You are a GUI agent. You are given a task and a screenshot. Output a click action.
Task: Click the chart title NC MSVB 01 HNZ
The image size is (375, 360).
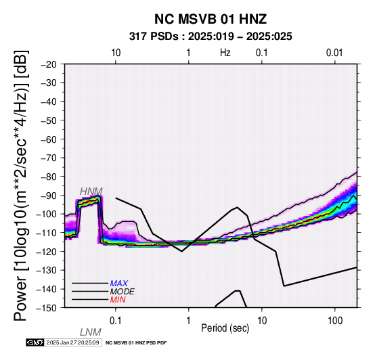click(211, 19)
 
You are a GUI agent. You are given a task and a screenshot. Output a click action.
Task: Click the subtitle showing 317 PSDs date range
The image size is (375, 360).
click(211, 37)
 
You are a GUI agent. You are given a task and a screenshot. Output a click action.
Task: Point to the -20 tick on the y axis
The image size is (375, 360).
click(49, 64)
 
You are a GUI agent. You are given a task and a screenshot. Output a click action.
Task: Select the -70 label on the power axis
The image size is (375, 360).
click(49, 158)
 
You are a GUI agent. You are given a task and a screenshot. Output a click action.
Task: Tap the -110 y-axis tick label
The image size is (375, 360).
click(47, 233)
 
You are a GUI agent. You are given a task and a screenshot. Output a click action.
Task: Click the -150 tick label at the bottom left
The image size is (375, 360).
click(47, 308)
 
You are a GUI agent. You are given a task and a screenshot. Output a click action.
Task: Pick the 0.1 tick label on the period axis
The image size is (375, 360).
click(115, 321)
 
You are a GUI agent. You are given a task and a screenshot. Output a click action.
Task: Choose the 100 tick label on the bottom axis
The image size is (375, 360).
click(335, 321)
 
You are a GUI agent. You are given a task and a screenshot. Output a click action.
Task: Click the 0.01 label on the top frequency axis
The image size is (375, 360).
click(334, 53)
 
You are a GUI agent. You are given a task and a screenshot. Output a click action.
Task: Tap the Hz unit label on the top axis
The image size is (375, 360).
click(225, 53)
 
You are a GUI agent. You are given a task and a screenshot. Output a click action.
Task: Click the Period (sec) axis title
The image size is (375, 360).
click(225, 328)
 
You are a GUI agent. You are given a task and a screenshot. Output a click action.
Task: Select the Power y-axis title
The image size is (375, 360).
click(21, 185)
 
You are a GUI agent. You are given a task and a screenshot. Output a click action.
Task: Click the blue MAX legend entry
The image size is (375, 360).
click(119, 284)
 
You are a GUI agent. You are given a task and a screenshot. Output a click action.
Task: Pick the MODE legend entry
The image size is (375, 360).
click(123, 292)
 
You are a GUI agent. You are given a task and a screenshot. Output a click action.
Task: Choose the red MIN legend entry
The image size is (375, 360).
click(118, 300)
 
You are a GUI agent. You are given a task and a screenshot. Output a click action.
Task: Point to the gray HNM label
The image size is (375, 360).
click(91, 192)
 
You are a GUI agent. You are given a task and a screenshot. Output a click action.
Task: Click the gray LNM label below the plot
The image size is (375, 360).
click(91, 332)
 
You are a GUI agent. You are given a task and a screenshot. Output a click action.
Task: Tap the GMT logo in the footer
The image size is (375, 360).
click(35, 342)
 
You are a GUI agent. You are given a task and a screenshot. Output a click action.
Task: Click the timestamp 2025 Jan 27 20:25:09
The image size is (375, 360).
click(73, 342)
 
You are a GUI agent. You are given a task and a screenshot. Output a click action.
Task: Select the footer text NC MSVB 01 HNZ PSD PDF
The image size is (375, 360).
click(136, 343)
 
